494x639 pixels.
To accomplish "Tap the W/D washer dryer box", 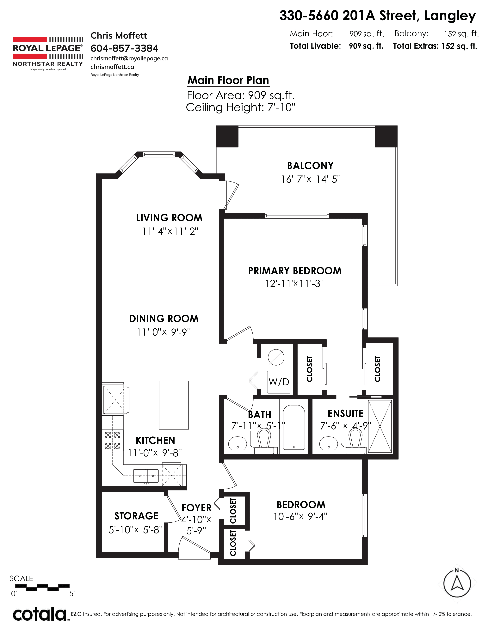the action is pyautogui.click(x=279, y=382).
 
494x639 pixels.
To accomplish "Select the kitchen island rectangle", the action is pyautogui.click(x=174, y=405).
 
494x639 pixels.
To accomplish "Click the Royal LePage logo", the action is pyautogui.click(x=48, y=53).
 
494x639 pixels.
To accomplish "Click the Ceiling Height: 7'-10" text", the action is pyautogui.click(x=241, y=107).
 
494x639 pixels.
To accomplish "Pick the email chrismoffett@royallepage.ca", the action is pyautogui.click(x=129, y=58).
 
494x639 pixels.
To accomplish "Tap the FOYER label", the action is pyautogui.click(x=197, y=508).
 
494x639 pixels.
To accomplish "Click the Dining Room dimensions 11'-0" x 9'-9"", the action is pyautogui.click(x=164, y=332).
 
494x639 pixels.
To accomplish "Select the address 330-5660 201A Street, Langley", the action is pyautogui.click(x=378, y=16).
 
